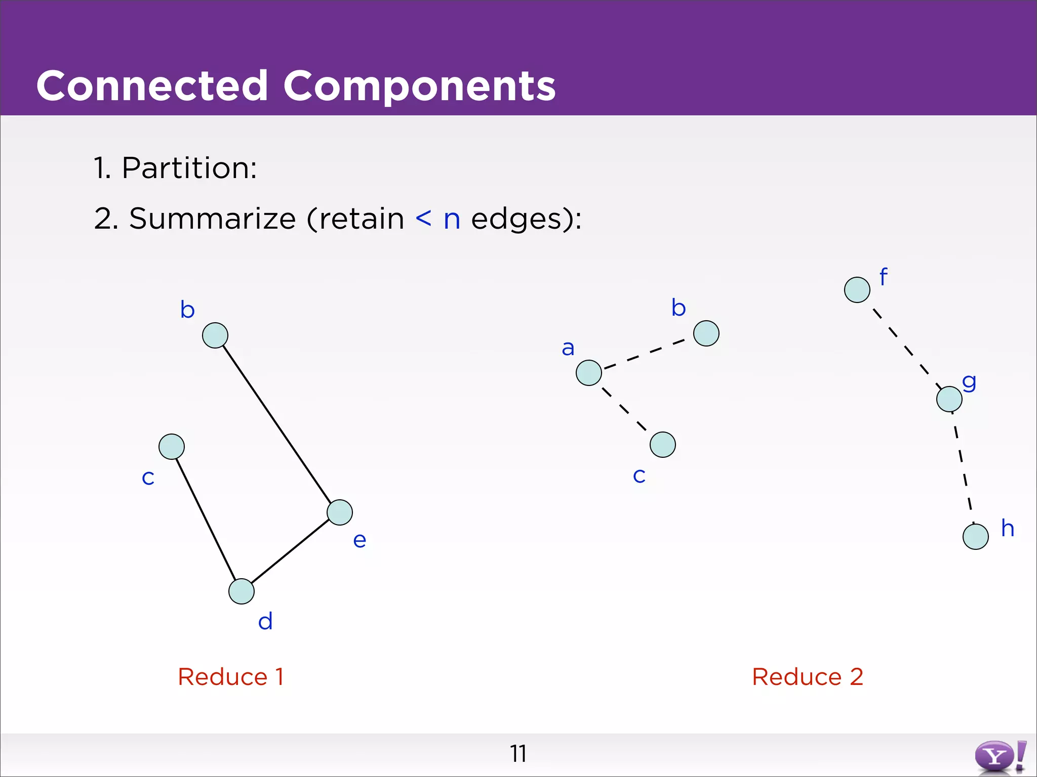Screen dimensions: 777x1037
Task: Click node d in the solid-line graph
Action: pos(242,591)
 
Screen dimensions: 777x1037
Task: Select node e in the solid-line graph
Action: pos(340,512)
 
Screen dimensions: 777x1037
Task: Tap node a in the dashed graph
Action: pos(589,373)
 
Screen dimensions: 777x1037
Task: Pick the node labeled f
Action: pos(857,290)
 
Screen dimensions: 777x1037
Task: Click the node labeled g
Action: pos(949,399)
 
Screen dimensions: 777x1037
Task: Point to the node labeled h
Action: pos(976,537)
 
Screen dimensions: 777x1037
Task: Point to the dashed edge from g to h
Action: pos(963,468)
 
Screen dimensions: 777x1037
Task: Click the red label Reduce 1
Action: pos(231,677)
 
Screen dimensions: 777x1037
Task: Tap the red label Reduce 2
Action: pos(807,677)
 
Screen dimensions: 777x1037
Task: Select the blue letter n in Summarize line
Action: pos(452,220)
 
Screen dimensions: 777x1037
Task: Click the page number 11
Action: pos(518,754)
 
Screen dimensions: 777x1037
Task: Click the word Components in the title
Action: pos(419,86)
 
